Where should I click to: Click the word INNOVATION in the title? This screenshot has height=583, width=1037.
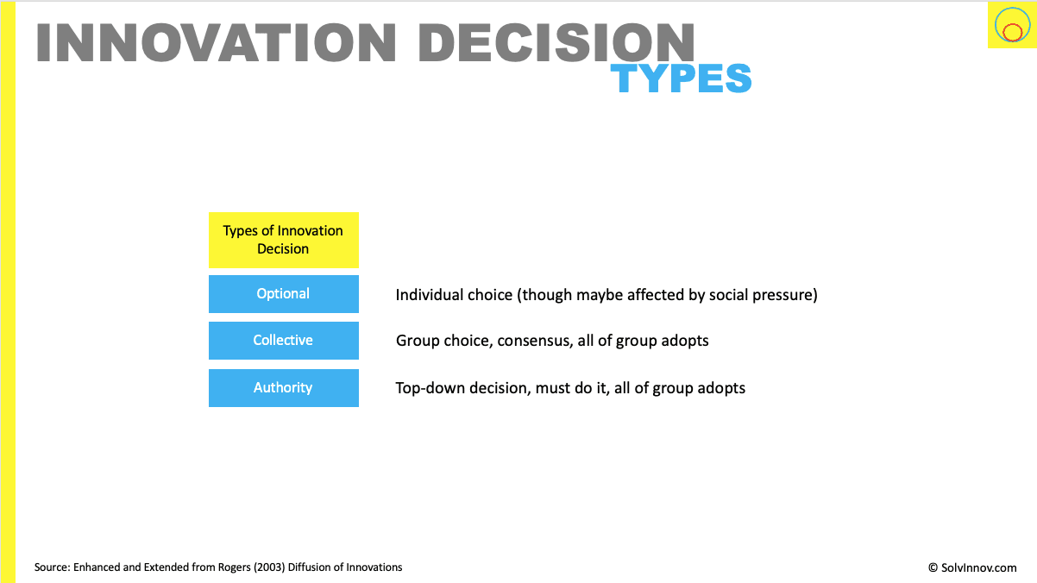point(216,42)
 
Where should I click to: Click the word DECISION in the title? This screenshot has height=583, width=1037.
point(556,42)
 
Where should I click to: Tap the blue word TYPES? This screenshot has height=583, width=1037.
point(681,78)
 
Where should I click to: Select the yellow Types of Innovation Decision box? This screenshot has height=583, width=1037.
point(284,240)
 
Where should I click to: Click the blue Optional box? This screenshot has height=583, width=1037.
point(284,294)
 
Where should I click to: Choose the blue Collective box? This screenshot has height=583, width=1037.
point(284,341)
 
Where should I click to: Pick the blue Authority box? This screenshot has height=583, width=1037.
point(284,388)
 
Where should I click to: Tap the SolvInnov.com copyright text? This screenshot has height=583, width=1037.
point(972,567)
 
